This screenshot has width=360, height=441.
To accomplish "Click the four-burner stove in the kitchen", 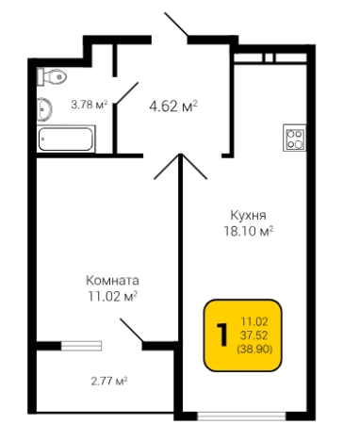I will [295, 139].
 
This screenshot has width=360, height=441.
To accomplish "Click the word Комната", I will [112, 281].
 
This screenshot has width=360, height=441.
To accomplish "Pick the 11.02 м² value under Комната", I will [112, 297].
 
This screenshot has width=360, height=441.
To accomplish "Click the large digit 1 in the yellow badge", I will [222, 335].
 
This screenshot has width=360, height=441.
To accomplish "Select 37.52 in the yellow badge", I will [254, 335].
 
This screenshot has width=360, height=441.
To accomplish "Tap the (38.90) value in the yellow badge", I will [254, 349].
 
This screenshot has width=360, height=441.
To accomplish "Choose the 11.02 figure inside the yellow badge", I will [254, 320].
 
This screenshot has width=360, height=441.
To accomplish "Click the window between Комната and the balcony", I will [73, 347].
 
